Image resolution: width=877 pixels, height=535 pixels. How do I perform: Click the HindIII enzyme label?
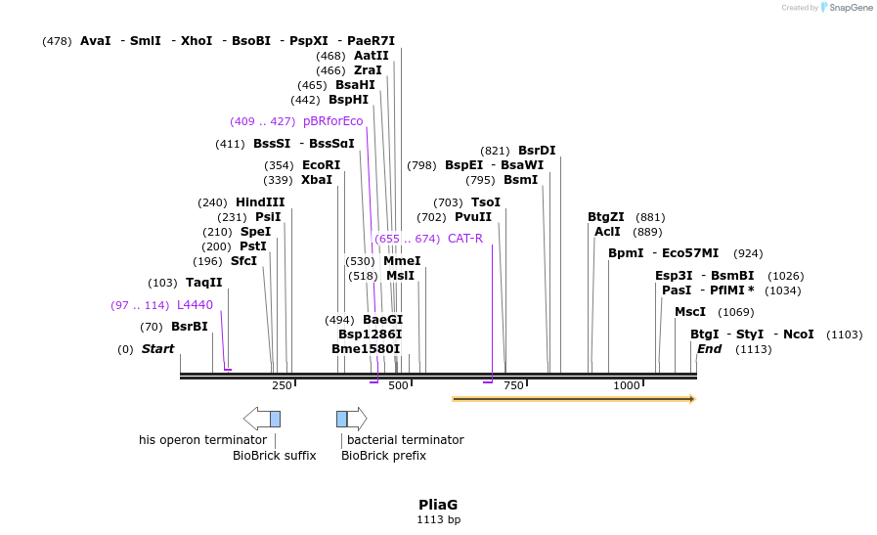(x=260, y=202)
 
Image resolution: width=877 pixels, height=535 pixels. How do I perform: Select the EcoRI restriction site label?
(x=321, y=165)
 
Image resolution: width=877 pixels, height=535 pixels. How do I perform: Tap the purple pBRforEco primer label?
(x=332, y=121)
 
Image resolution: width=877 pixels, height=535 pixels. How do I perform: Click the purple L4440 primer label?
(x=195, y=305)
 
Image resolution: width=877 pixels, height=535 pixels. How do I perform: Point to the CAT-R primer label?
(x=465, y=239)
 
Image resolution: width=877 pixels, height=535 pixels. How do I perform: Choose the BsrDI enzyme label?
(x=537, y=151)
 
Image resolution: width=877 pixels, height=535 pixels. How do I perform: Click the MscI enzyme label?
(x=690, y=312)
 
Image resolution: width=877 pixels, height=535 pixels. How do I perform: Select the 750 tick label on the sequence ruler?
(x=513, y=386)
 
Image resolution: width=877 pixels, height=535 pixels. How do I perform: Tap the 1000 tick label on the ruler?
(x=627, y=386)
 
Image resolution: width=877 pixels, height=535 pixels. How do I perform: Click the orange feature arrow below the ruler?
(x=573, y=399)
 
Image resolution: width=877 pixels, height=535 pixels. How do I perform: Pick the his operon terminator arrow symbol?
(x=262, y=419)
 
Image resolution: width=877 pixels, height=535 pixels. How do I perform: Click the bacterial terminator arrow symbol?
(x=352, y=419)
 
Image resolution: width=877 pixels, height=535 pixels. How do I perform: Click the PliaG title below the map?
(x=438, y=505)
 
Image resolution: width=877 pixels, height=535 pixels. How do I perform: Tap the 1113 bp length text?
(x=438, y=520)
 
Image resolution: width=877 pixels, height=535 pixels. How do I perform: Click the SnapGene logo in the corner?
(x=847, y=8)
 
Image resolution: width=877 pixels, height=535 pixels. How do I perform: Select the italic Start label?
(x=157, y=349)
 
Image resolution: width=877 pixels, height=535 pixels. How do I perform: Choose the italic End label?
(x=709, y=349)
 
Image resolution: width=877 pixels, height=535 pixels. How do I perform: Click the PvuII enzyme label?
(x=473, y=217)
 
